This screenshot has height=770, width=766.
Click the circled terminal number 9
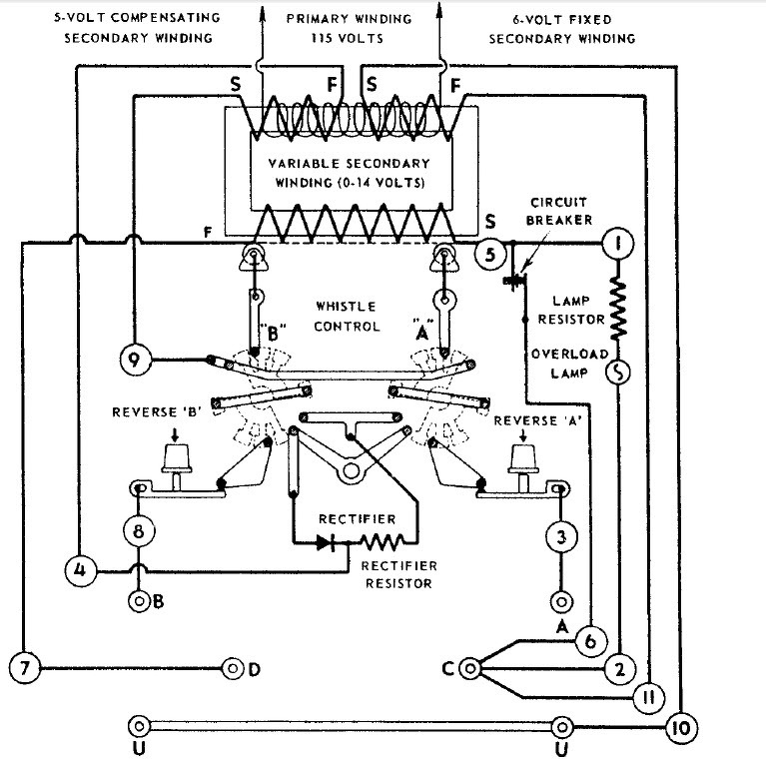(135, 360)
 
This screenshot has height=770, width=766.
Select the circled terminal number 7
(25, 668)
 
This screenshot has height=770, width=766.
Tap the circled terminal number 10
(681, 728)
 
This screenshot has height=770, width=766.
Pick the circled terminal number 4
(80, 571)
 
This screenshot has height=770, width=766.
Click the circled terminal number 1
(618, 243)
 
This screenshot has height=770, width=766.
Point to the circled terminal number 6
(591, 641)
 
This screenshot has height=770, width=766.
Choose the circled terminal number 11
(649, 697)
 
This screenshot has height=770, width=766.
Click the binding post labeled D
(233, 668)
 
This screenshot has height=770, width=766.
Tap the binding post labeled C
(470, 668)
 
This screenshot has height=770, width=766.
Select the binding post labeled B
(139, 600)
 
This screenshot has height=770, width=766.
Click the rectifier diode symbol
(326, 543)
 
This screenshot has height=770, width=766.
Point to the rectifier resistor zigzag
(383, 542)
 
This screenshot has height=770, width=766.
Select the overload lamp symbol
(618, 373)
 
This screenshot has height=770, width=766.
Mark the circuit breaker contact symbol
(514, 281)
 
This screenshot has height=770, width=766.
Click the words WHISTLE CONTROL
(347, 317)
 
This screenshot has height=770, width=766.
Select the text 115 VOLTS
(348, 38)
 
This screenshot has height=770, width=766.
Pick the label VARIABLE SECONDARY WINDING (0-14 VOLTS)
(350, 173)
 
